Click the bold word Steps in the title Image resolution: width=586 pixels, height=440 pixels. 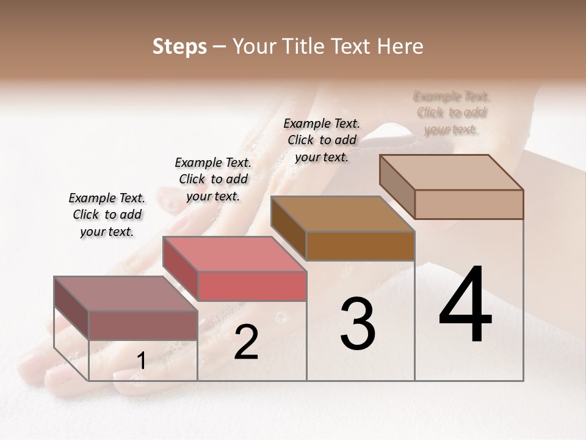[x=179, y=46]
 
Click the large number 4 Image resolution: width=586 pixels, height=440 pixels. [x=465, y=306]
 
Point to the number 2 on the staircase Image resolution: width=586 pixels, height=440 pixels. [x=246, y=342]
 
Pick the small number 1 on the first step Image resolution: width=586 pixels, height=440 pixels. [x=141, y=361]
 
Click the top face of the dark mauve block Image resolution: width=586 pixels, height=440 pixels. [x=125, y=293]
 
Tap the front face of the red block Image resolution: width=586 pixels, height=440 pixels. [x=251, y=286]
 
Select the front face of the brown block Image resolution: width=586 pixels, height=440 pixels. [x=360, y=246]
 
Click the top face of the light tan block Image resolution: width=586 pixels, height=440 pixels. [x=451, y=172]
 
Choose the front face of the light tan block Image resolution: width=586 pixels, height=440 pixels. [x=468, y=204]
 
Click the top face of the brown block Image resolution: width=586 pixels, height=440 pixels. [x=342, y=214]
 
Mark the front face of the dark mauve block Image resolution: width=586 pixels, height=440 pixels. [x=143, y=325]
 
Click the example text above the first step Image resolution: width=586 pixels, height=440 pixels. [x=107, y=215]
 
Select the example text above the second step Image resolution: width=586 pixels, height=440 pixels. [x=212, y=179]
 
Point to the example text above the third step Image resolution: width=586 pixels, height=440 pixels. [x=322, y=140]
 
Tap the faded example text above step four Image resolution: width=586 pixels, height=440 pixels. [x=452, y=112]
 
